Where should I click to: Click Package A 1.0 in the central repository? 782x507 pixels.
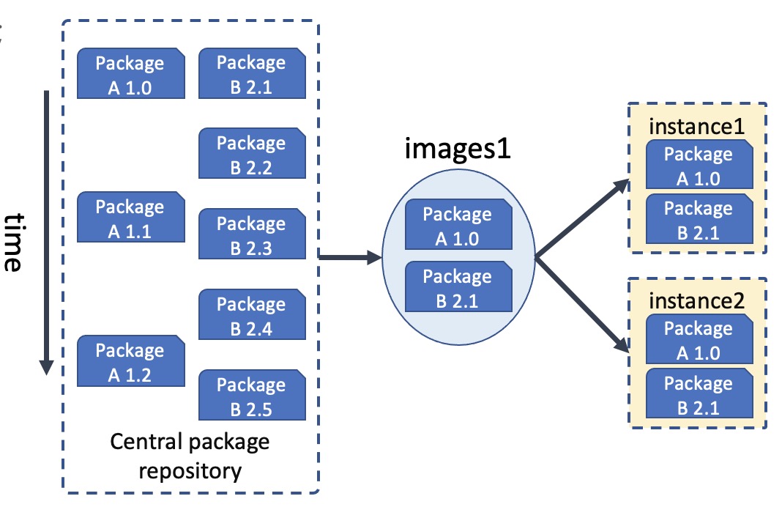130,73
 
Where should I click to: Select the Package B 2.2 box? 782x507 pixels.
252,153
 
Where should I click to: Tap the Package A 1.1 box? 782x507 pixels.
130,217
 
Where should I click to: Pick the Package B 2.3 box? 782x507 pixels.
252,234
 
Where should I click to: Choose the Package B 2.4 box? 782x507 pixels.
252,314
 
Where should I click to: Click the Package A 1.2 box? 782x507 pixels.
130,360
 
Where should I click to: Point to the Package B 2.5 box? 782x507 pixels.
252,395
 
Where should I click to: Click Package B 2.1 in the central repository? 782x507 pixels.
252,73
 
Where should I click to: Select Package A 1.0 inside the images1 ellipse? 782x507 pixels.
458,224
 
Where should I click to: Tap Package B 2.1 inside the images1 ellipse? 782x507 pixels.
458,286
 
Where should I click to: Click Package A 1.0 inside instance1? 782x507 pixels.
699,165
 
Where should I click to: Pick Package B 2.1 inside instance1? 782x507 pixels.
699,218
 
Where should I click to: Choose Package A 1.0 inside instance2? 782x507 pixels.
699,339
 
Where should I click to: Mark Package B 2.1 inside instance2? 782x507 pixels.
699,393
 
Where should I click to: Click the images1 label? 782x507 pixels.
458,149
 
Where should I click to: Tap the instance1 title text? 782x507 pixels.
697,127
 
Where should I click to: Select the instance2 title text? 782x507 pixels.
697,301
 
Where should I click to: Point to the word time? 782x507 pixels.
15,243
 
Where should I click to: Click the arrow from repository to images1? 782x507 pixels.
350,257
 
